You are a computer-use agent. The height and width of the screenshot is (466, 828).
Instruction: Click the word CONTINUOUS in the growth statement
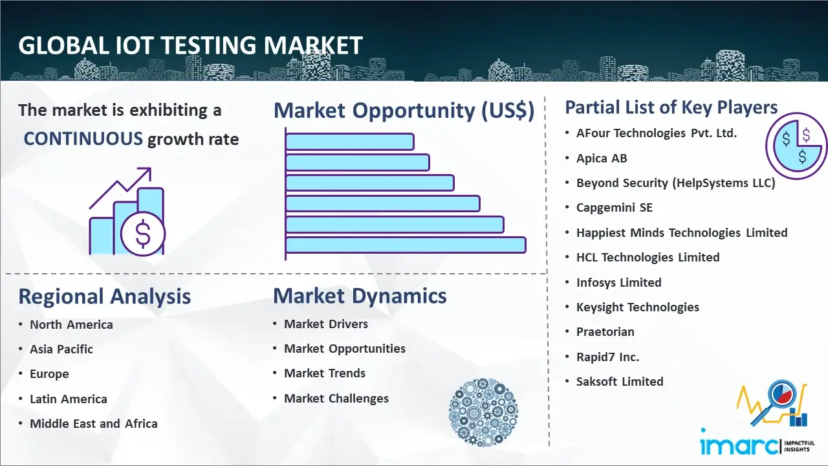coord(83,139)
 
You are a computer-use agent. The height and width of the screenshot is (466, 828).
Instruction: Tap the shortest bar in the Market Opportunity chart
coord(350,142)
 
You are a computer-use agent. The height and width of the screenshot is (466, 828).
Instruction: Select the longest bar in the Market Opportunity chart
coord(406,245)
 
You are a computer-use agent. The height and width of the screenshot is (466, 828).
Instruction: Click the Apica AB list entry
coord(602,159)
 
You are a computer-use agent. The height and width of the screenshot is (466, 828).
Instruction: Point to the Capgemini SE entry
coord(615,208)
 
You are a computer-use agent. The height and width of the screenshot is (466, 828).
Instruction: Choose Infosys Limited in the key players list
coord(619,283)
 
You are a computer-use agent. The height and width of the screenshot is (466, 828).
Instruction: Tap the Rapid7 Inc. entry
coord(607,357)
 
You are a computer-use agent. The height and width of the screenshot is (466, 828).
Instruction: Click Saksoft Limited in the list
coord(620,381)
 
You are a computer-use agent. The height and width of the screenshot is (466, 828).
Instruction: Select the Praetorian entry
coord(605,332)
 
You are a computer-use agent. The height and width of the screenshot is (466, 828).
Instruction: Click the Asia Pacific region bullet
coord(61,349)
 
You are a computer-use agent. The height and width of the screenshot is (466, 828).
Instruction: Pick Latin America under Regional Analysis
coord(69,399)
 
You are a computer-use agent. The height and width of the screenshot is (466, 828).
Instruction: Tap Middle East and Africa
coord(94,423)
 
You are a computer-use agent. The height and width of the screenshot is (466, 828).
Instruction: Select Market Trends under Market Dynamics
coord(325,373)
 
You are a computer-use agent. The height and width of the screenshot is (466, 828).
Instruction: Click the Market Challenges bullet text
coord(336,398)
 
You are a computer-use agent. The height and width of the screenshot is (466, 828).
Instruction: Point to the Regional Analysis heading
coord(105,296)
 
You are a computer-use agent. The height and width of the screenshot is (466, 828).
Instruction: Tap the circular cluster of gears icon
coord(483,412)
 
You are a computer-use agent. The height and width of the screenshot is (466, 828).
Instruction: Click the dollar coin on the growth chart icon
coord(143,234)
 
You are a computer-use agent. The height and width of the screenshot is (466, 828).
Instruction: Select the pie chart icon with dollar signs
coord(796,146)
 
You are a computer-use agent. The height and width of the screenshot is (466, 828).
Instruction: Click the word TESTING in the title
coord(208,45)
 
